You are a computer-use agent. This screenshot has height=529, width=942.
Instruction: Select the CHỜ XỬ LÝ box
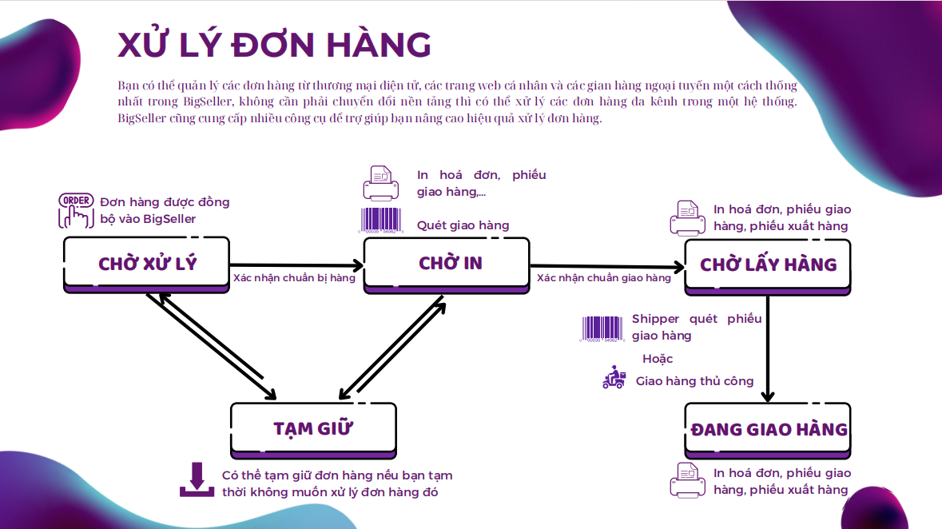pos(147,264)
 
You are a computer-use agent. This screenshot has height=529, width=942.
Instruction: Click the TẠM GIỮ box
pos(313,428)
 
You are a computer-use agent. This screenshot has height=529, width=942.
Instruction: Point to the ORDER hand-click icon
pos(76,210)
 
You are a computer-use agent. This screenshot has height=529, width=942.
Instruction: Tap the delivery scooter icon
pos(614,378)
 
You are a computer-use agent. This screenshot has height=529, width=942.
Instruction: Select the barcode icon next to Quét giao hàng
pos(380,221)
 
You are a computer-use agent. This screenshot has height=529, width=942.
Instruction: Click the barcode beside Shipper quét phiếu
pos(602,329)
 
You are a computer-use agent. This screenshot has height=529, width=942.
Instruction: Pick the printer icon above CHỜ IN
pos(380,183)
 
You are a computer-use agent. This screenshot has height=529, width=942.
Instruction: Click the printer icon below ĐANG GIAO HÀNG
pos(686,479)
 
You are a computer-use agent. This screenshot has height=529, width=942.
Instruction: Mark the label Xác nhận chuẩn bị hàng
pos(294,278)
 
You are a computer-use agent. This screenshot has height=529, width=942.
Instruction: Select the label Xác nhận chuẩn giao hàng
pos(604,278)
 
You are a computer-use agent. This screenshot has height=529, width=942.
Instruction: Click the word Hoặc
pos(658,359)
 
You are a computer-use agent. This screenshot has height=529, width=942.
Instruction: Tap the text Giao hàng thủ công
pos(694,381)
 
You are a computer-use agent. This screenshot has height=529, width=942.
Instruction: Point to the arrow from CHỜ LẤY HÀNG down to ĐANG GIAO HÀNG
pos(768,348)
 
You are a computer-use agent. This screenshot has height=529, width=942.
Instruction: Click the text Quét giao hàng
pos(463,225)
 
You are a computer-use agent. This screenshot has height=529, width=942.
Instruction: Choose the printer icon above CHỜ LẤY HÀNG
pos(687,217)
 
